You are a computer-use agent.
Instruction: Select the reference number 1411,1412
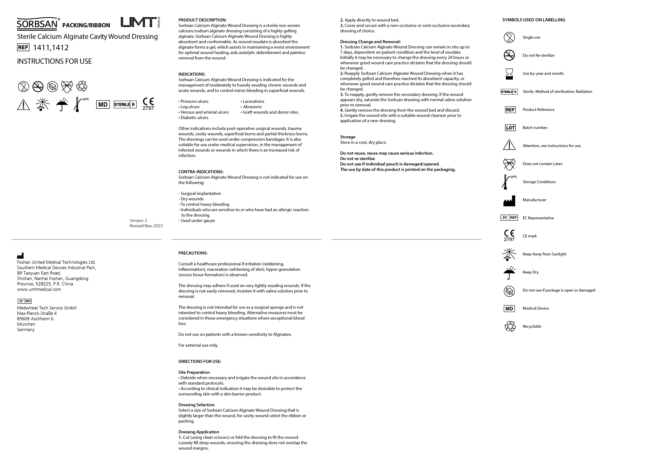point(51,48)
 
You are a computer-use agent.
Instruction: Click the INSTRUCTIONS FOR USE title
point(54,61)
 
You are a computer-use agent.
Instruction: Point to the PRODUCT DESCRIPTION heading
point(202,20)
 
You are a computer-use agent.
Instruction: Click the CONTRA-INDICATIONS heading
point(201,172)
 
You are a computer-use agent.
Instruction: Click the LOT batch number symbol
point(510,128)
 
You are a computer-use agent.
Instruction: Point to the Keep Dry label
point(530,272)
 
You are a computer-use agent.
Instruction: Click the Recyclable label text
point(532,326)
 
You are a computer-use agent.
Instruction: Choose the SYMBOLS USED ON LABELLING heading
point(534,20)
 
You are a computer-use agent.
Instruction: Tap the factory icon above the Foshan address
point(20,256)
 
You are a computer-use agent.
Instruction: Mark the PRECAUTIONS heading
point(193,253)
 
